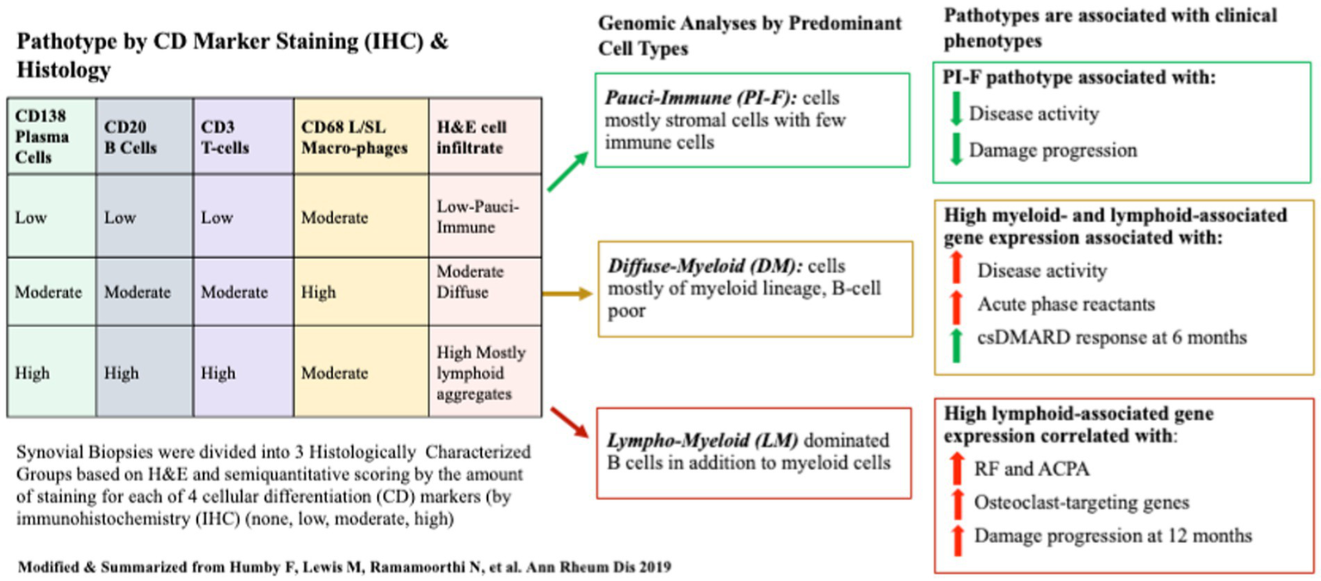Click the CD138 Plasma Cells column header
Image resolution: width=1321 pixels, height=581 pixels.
pos(40,136)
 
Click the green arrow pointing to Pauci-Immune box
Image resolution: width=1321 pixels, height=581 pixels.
pos(568,171)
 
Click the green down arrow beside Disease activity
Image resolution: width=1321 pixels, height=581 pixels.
pos(955,113)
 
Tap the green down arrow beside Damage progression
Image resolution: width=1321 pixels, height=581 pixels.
pos(955,150)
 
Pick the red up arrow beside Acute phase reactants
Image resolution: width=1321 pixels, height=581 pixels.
pos(955,304)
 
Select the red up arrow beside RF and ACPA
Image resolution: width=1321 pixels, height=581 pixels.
pos(955,468)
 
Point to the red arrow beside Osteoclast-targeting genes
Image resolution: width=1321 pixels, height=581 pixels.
pos(955,502)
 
